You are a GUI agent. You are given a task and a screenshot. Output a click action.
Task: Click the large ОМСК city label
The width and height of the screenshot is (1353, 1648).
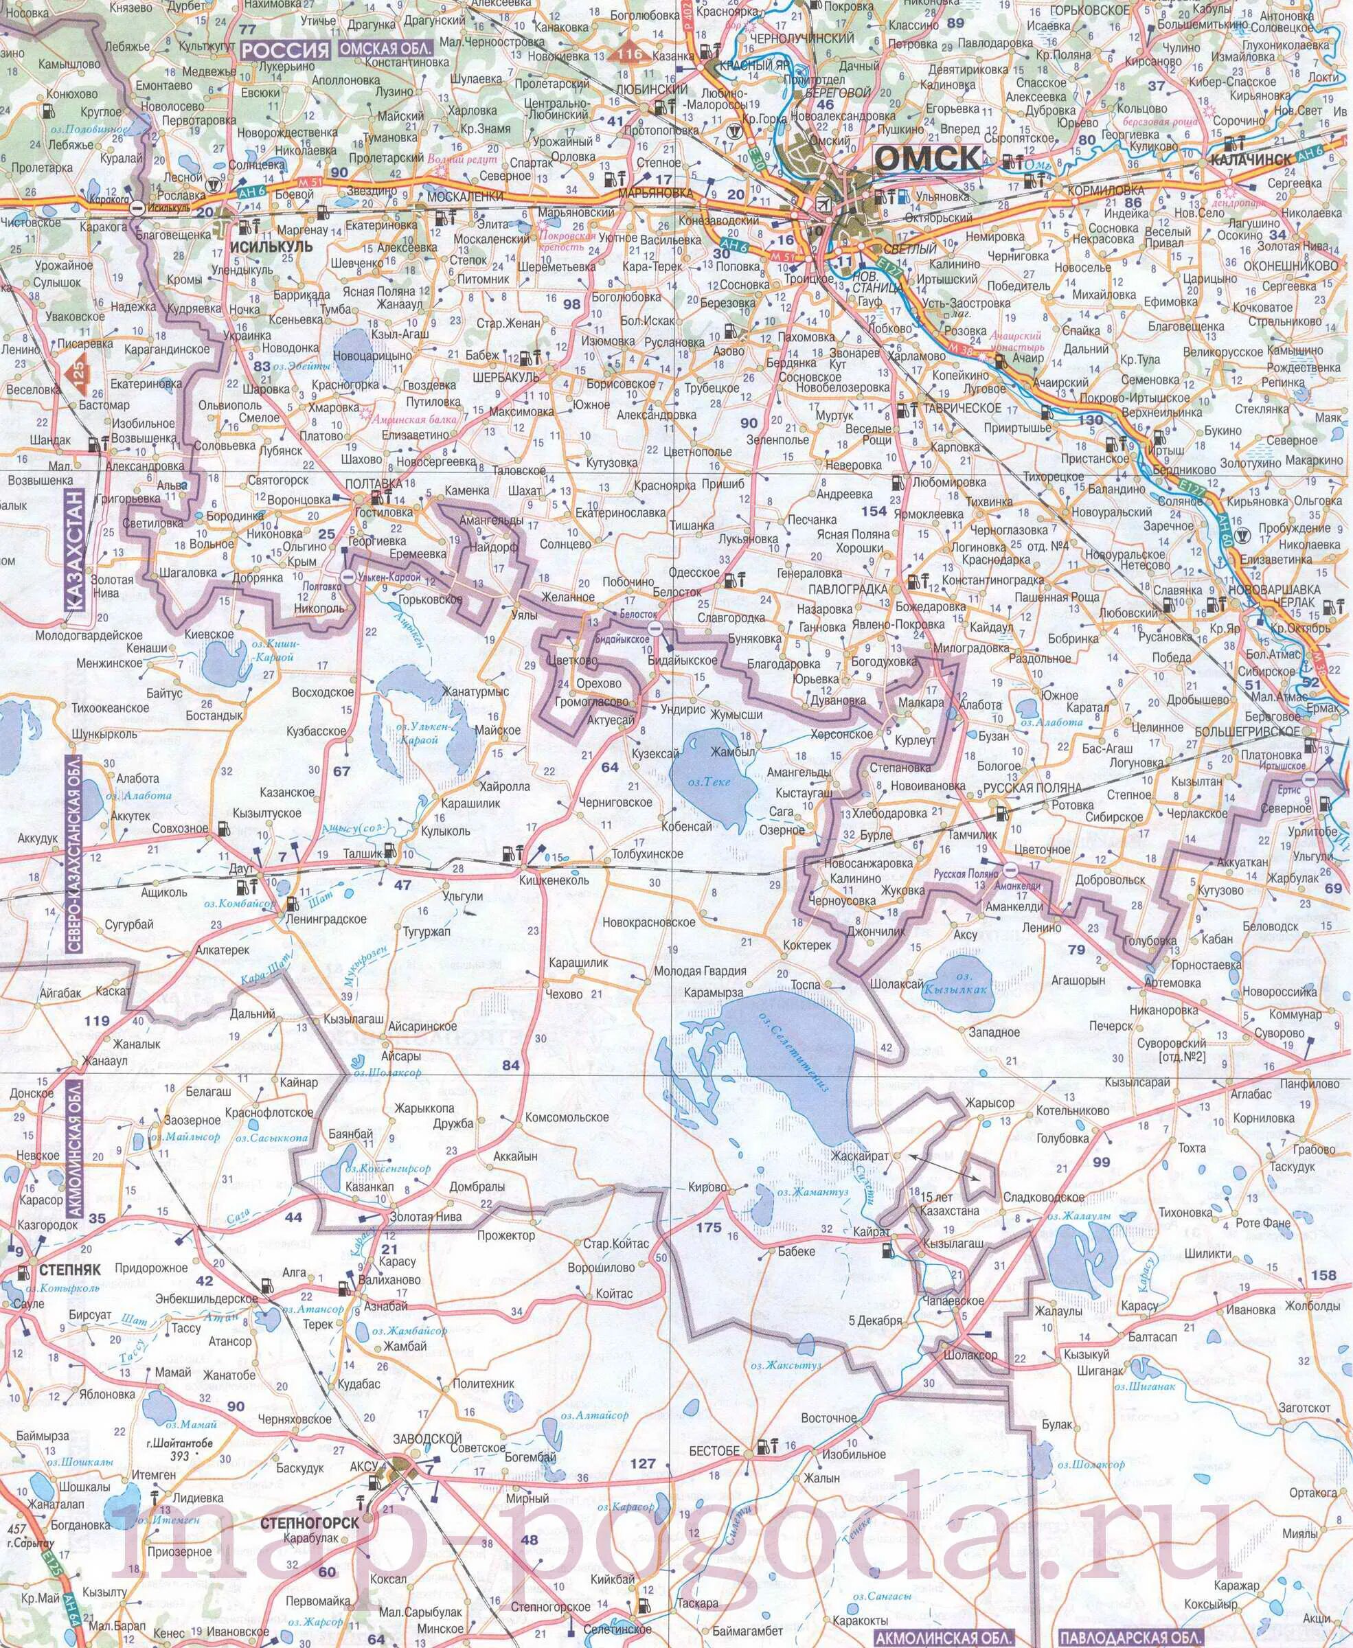pos(927,158)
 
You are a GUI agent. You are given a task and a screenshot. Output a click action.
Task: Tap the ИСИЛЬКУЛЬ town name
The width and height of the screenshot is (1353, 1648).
pos(271,247)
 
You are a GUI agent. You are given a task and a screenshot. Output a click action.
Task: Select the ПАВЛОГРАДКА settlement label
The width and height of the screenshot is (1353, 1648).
pos(849,590)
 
